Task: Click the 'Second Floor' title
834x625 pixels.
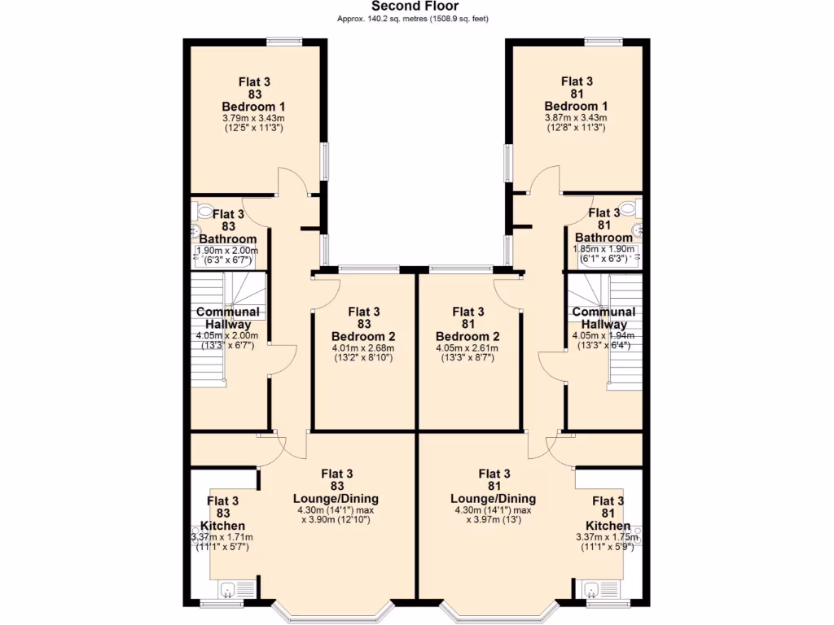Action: tap(416, 7)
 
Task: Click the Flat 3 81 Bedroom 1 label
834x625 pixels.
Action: tap(577, 94)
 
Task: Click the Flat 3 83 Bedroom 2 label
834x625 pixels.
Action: tap(363, 324)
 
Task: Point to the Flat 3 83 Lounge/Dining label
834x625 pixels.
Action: tap(336, 486)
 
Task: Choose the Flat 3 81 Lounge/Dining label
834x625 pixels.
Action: tap(494, 486)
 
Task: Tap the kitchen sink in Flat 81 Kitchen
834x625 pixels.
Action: tap(592, 590)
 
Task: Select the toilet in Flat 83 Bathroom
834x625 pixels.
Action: tap(202, 211)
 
